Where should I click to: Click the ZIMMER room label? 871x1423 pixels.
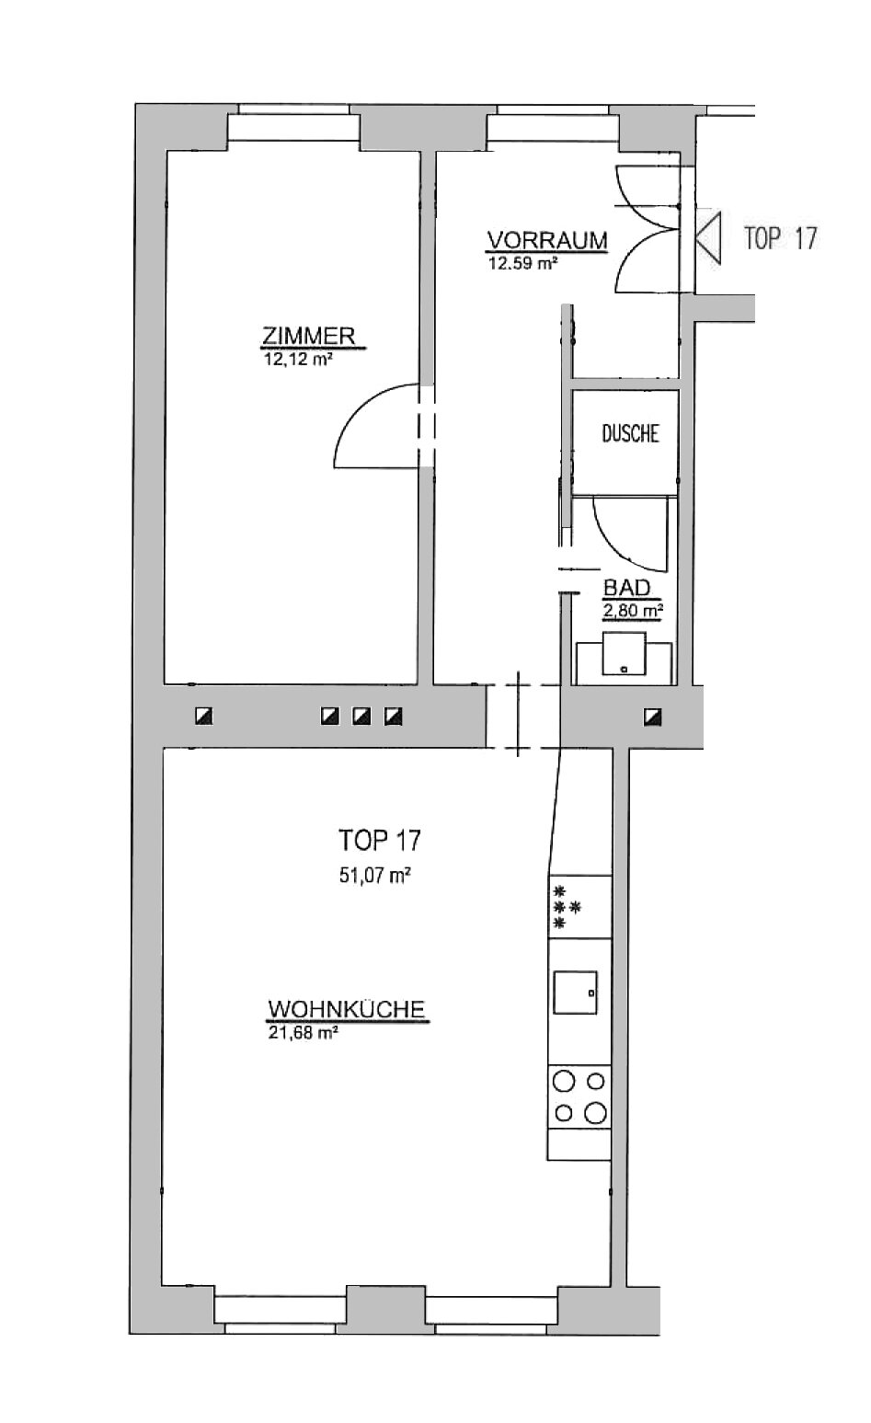pyautogui.click(x=309, y=336)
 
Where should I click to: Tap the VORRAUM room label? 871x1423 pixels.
pyautogui.click(x=547, y=241)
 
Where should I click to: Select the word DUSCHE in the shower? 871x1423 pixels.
pyautogui.click(x=630, y=434)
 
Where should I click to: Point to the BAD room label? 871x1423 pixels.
pyautogui.click(x=626, y=588)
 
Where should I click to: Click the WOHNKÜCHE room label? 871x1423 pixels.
pyautogui.click(x=346, y=1009)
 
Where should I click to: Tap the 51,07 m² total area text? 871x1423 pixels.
pyautogui.click(x=375, y=876)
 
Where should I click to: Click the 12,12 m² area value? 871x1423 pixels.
pyautogui.click(x=299, y=360)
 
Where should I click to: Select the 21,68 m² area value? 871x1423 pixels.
pyautogui.click(x=303, y=1033)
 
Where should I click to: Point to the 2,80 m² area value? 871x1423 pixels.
pyautogui.click(x=633, y=611)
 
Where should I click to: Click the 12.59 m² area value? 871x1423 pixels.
pyautogui.click(x=522, y=262)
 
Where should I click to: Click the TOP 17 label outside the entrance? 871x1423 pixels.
pyautogui.click(x=780, y=238)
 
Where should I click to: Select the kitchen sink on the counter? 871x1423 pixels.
pyautogui.click(x=575, y=992)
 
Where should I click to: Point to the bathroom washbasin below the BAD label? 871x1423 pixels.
pyautogui.click(x=624, y=654)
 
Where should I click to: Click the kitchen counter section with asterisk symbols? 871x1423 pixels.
pyautogui.click(x=579, y=907)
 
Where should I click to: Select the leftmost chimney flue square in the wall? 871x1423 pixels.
pyautogui.click(x=204, y=717)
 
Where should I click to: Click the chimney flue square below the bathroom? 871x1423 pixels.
pyautogui.click(x=652, y=717)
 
